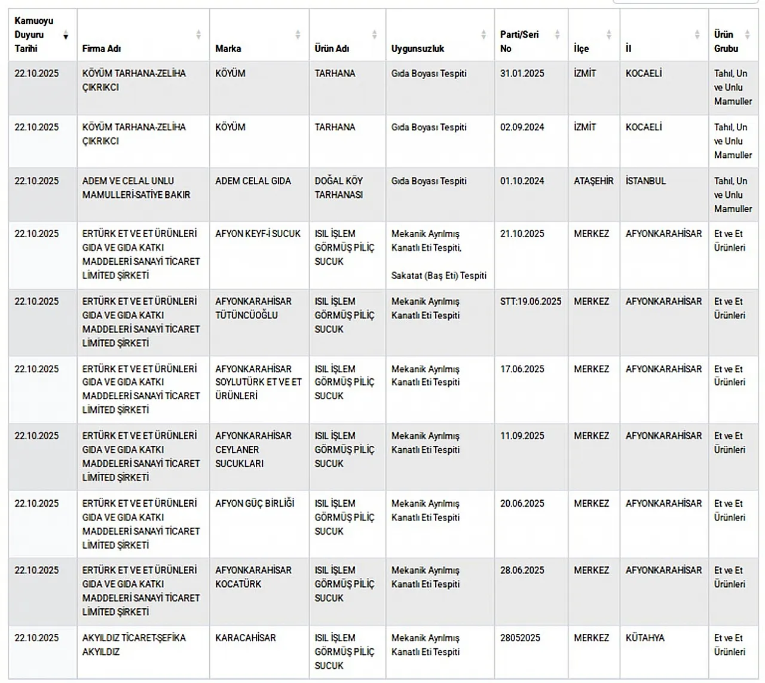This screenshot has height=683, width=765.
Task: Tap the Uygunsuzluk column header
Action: click(x=418, y=48)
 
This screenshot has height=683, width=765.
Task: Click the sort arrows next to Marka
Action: click(x=298, y=35)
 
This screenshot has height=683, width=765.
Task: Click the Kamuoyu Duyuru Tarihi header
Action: click(x=34, y=35)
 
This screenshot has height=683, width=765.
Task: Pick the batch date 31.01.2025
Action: click(x=522, y=73)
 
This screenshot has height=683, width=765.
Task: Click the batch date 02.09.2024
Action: click(x=522, y=127)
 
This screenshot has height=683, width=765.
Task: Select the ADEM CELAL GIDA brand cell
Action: click(x=253, y=180)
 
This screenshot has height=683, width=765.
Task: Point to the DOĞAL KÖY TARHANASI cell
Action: click(x=339, y=188)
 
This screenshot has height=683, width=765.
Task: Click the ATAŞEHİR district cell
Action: click(x=593, y=180)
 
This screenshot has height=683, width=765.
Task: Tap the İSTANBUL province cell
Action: click(x=645, y=180)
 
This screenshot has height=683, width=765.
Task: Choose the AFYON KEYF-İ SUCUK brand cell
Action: click(x=258, y=234)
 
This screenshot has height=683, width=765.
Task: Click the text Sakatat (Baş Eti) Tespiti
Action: click(x=439, y=275)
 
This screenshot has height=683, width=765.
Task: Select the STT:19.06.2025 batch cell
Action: click(x=530, y=301)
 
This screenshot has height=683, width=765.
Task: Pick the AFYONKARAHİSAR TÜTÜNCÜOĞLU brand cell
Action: click(x=253, y=308)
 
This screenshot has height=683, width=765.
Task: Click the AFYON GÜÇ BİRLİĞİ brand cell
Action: click(x=255, y=503)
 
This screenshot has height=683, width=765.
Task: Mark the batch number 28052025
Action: click(x=519, y=638)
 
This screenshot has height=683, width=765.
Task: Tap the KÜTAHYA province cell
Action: click(x=644, y=638)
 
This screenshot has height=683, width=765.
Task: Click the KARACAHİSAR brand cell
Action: click(x=245, y=638)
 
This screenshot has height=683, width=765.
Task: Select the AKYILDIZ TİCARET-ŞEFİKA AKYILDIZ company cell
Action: click(x=134, y=644)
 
